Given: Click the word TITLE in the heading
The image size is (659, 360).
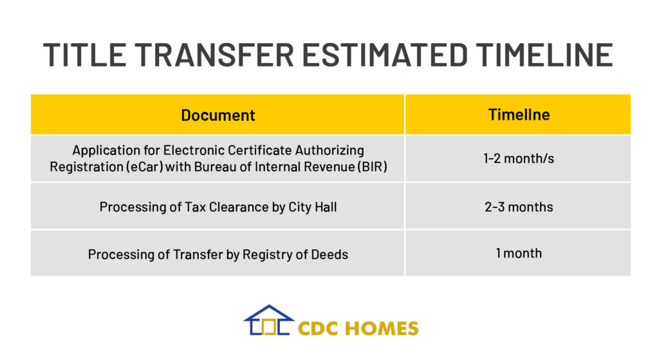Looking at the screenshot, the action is coord(84,55).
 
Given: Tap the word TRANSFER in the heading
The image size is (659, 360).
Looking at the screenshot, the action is coord(214,55).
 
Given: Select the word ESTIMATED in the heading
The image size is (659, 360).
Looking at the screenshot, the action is coord(385,55).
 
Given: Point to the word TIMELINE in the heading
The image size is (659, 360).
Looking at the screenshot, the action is coord(544,55).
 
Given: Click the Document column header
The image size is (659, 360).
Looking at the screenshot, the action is coord(218,115).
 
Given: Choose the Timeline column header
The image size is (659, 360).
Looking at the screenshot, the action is coord(519,115).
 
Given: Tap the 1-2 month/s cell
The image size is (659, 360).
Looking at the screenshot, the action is coord(519,158).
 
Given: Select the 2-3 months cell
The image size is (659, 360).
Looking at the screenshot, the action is coord(519,207).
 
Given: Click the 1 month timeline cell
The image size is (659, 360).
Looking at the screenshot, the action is coord(519,253).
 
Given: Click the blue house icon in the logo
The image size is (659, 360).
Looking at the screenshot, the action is coord(268,320).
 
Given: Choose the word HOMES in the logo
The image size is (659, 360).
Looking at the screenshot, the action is coord(382,328).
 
